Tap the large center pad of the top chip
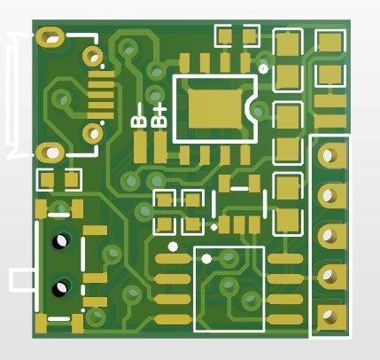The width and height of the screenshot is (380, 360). [x=216, y=108]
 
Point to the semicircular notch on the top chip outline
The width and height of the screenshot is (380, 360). [x=257, y=109]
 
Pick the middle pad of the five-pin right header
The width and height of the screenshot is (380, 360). [x=329, y=236]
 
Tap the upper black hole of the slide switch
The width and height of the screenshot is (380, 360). [x=61, y=239]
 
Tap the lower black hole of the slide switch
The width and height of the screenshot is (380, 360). [x=61, y=286]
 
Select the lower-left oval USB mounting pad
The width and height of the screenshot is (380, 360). [x=47, y=152]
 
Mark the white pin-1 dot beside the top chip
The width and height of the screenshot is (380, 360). [x=264, y=67]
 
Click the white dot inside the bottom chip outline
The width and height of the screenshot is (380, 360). [x=206, y=258]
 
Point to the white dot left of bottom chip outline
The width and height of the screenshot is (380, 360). [x=173, y=247]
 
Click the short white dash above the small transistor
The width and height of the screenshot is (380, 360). [x=239, y=188]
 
